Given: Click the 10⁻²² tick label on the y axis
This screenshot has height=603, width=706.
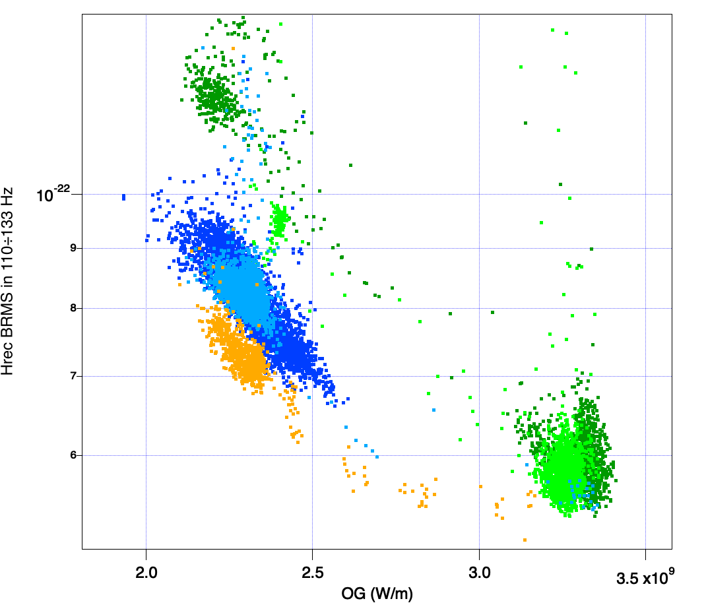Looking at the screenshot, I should [53, 195].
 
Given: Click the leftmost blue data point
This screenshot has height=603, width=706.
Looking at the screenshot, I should [123, 197].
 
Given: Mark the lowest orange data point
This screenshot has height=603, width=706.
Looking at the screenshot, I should [525, 540].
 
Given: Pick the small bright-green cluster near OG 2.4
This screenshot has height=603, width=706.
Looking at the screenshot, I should [280, 219].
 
